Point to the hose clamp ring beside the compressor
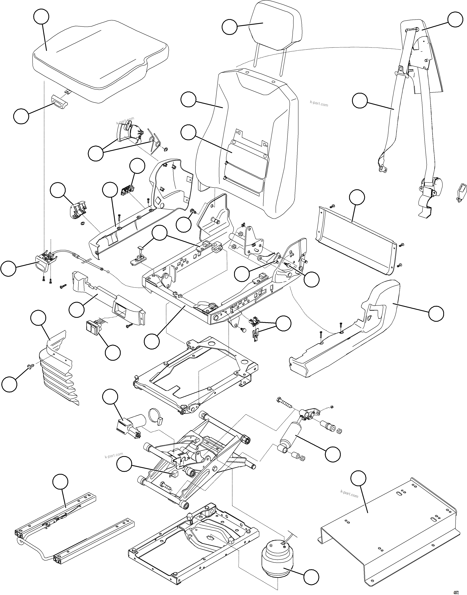pyautogui.click(x=155, y=417)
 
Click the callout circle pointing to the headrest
pyautogui.click(x=229, y=27)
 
